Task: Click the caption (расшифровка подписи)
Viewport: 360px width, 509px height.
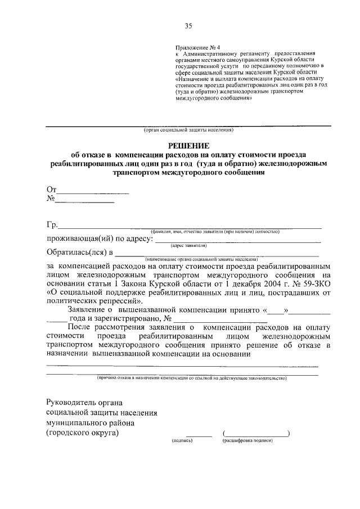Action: (247, 440)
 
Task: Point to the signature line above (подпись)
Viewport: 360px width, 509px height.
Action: (199, 435)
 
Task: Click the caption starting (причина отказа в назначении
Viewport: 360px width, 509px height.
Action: (191, 379)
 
